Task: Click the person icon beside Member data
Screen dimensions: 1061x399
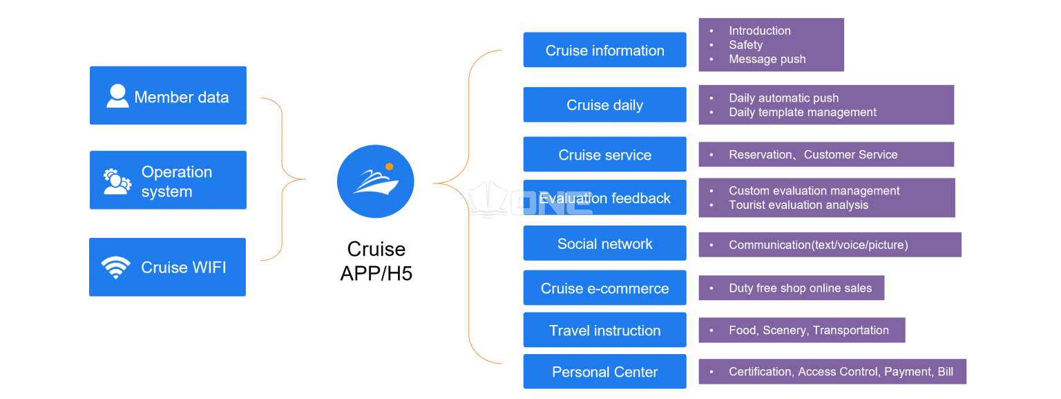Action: click(x=117, y=96)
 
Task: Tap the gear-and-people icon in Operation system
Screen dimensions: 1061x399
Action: click(x=117, y=182)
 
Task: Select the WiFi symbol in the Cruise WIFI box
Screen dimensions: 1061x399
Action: click(x=115, y=268)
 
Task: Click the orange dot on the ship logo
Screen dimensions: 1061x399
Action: click(x=390, y=167)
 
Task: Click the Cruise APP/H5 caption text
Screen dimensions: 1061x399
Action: click(x=376, y=261)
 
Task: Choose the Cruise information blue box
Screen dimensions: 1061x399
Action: click(x=605, y=50)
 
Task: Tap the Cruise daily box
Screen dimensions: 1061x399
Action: click(x=605, y=104)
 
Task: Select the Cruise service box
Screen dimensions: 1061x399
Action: click(x=605, y=154)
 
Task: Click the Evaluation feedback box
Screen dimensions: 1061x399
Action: click(x=605, y=197)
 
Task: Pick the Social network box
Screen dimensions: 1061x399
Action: click(x=605, y=243)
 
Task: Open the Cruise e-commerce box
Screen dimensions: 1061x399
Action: click(x=605, y=288)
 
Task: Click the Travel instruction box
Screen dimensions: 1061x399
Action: click(x=605, y=330)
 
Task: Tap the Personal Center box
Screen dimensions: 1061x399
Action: click(x=605, y=371)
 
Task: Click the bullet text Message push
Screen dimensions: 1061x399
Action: click(x=767, y=59)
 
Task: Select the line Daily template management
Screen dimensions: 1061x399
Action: click(x=803, y=113)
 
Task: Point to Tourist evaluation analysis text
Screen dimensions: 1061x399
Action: click(x=798, y=205)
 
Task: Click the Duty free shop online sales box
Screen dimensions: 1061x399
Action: click(x=792, y=288)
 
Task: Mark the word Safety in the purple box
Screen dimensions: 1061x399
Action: click(x=745, y=45)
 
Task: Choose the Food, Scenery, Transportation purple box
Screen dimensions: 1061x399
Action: click(x=802, y=331)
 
